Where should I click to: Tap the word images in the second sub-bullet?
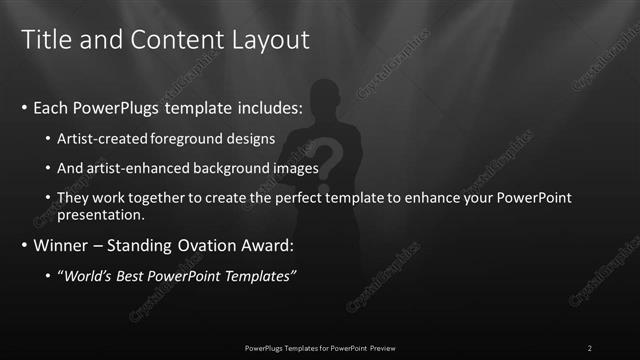point(298,168)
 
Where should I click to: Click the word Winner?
point(61,244)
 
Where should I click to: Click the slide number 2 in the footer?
point(590,347)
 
